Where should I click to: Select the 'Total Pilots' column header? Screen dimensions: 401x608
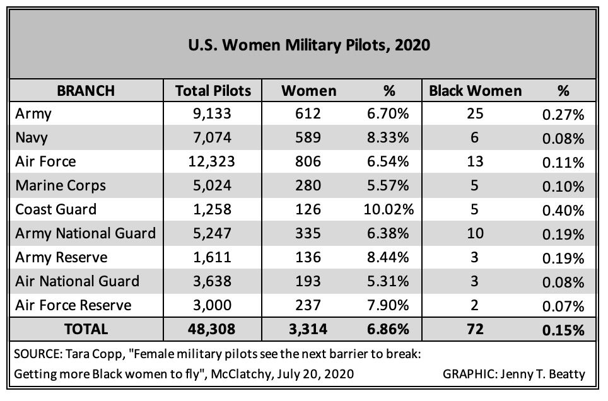point(213,91)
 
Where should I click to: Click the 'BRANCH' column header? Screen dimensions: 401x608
point(86,91)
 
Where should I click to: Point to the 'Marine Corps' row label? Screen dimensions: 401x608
point(60,185)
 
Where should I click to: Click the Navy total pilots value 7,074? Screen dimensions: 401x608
point(213,137)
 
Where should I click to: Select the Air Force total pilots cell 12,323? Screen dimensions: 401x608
point(213,161)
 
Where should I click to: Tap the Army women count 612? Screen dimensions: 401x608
point(309,114)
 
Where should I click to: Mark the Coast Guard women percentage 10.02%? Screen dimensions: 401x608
point(389,209)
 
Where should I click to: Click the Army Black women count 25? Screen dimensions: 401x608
point(476,114)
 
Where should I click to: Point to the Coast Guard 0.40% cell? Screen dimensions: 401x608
point(563,210)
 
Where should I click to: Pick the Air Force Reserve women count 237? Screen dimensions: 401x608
point(309,305)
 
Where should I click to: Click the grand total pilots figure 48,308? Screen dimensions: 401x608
point(213,329)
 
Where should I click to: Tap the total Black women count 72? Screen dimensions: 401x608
point(476,329)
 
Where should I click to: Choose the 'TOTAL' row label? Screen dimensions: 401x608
point(86,329)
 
